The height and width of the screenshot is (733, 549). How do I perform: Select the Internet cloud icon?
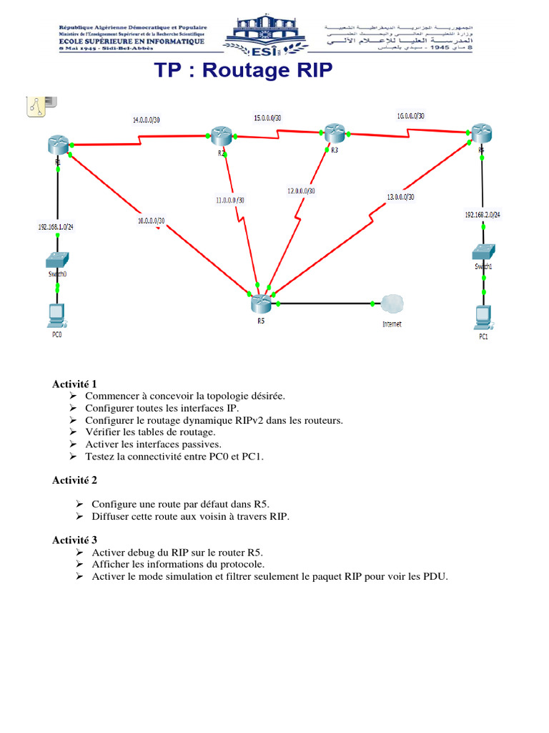(x=391, y=304)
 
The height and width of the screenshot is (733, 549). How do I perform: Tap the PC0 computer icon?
(x=55, y=314)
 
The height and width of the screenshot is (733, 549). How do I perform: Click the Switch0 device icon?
(x=56, y=259)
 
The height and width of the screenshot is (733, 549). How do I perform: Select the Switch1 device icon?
(x=483, y=252)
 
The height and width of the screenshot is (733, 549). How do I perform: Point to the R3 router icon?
(x=334, y=132)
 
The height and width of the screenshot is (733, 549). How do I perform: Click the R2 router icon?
(x=220, y=134)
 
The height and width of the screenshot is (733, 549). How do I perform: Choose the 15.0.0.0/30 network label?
(x=267, y=118)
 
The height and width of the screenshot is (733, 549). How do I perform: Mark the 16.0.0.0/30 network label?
(x=410, y=116)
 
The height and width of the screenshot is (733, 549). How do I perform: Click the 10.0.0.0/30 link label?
(x=152, y=220)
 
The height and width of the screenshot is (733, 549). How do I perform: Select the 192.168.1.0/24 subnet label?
(x=56, y=227)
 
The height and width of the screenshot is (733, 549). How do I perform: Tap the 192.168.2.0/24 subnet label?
(x=483, y=214)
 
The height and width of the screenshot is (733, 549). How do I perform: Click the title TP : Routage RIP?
(x=244, y=72)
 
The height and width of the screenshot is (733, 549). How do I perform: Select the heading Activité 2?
(x=75, y=480)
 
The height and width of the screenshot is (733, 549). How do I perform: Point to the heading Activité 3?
(x=75, y=540)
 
